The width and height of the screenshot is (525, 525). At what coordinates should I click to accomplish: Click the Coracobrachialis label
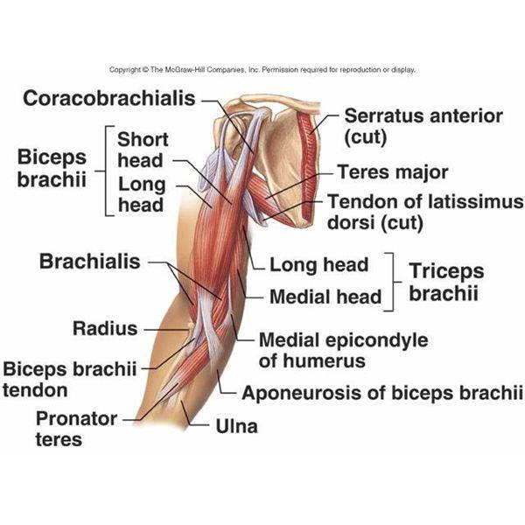click(109, 98)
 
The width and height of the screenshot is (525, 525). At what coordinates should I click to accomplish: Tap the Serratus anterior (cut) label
click(423, 127)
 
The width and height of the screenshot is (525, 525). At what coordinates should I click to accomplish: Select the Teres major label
click(392, 172)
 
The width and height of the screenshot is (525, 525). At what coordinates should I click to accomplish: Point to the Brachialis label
click(90, 262)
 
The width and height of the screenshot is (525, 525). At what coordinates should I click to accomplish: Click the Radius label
click(105, 328)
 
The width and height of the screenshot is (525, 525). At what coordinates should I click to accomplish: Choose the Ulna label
click(237, 426)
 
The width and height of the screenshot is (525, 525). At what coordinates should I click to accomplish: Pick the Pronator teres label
click(76, 429)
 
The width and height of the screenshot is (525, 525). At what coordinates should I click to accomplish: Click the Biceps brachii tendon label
click(70, 380)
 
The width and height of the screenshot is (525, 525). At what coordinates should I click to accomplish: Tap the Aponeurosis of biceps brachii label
click(382, 393)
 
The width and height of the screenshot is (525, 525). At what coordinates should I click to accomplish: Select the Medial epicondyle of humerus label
click(344, 350)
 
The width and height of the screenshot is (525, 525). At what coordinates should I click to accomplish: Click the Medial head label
click(325, 297)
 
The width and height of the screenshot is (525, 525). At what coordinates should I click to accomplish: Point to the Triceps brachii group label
click(446, 282)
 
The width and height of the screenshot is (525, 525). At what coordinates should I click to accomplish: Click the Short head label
click(143, 150)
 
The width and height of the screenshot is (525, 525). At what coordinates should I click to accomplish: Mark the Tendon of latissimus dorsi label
click(425, 213)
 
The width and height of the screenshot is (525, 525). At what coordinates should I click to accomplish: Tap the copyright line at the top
click(262, 70)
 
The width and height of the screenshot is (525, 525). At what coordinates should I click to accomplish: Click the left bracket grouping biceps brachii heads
click(107, 171)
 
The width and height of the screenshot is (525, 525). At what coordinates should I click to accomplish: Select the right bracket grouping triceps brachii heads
click(392, 282)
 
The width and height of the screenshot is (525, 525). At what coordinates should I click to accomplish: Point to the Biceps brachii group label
click(52, 168)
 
